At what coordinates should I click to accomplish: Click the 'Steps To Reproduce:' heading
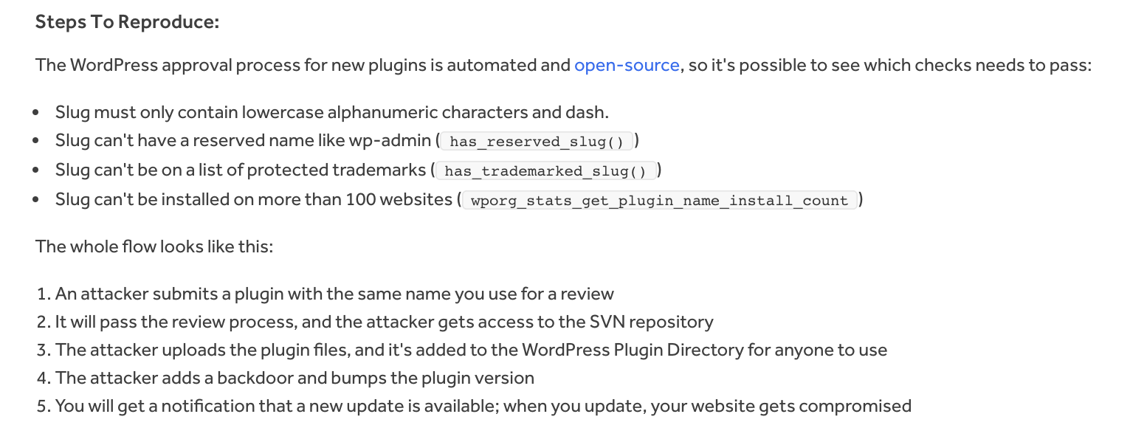click(x=127, y=22)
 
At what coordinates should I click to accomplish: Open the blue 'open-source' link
click(x=627, y=65)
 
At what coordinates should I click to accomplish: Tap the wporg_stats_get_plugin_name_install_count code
click(x=658, y=201)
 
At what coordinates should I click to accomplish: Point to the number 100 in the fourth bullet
click(x=359, y=200)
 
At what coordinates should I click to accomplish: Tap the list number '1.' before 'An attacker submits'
click(x=43, y=294)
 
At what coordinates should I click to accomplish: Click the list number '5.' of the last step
click(x=43, y=407)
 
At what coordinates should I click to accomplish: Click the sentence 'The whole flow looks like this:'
click(x=154, y=246)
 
